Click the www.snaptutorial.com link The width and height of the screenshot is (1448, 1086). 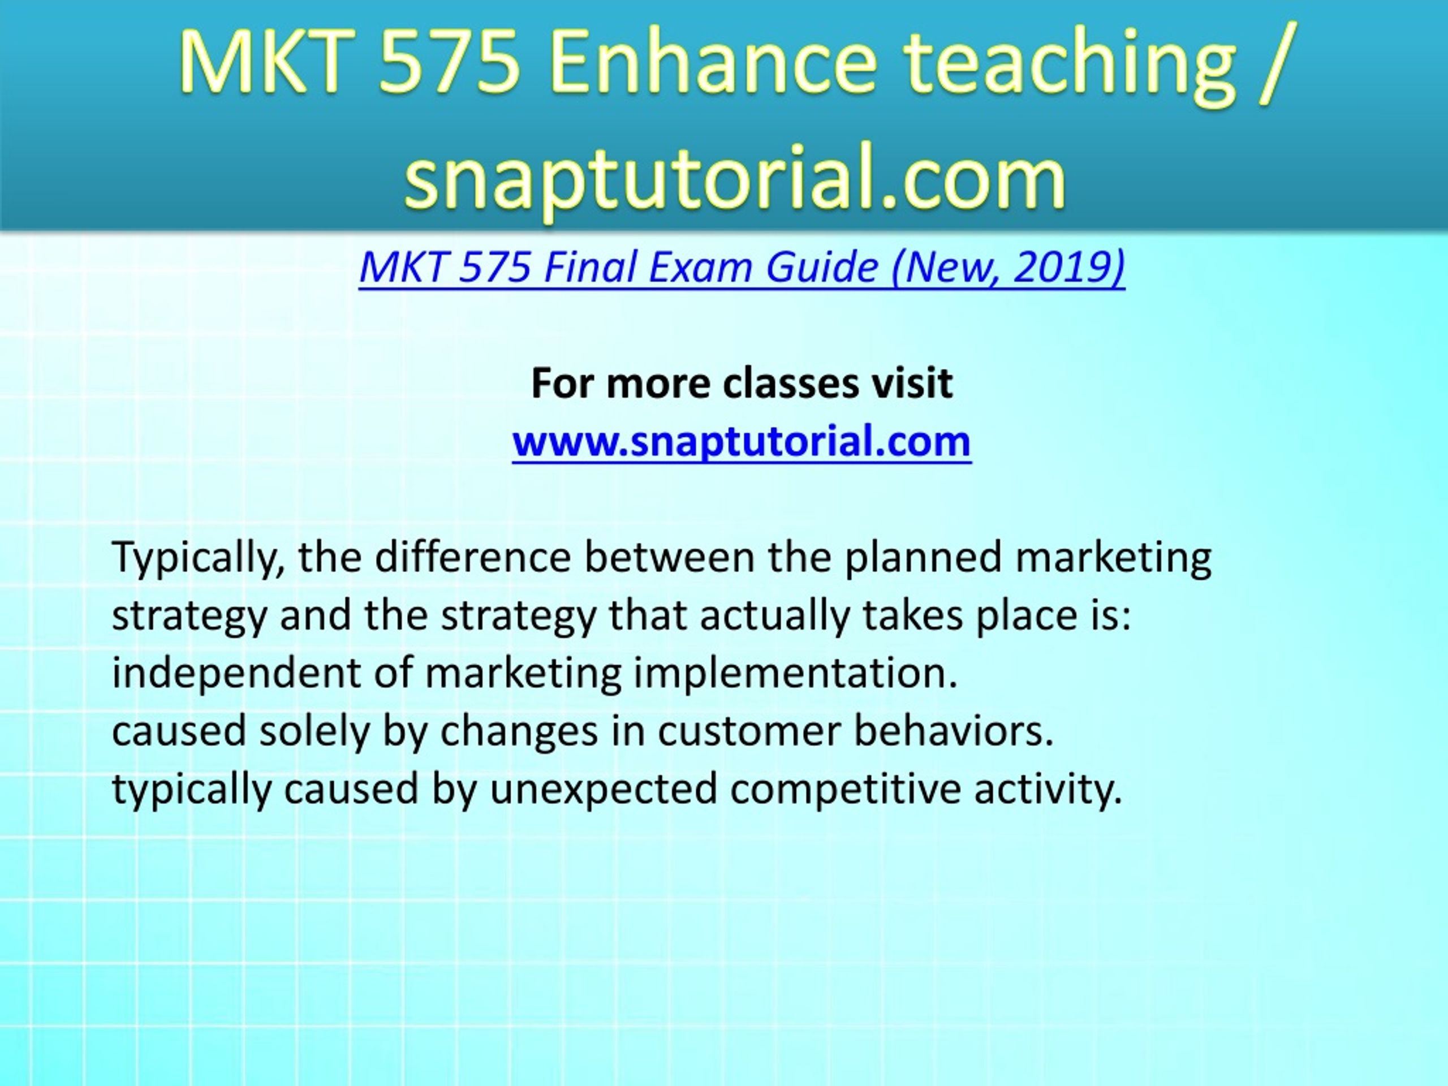click(741, 441)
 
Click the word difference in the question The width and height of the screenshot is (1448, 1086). click(473, 557)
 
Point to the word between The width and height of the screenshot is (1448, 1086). click(670, 557)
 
